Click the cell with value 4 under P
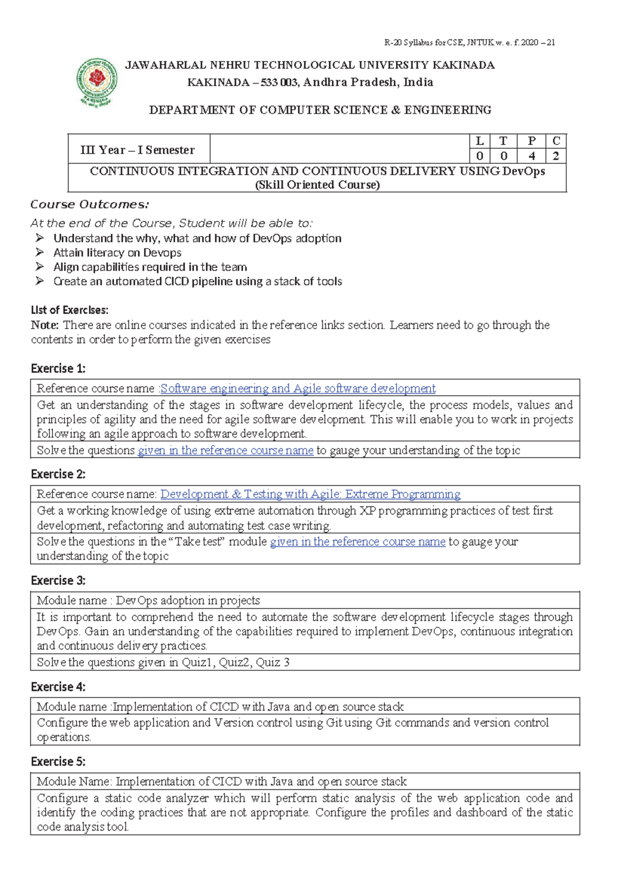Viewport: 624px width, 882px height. (x=531, y=156)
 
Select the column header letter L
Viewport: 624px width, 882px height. (x=479, y=141)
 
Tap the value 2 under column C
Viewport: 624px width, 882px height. (x=555, y=156)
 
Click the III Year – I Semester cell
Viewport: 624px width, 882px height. (x=138, y=150)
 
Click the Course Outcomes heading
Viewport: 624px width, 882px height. (x=89, y=204)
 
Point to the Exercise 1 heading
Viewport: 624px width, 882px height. (x=58, y=369)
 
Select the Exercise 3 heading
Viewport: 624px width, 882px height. (x=58, y=580)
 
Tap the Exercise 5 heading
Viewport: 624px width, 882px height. (x=58, y=762)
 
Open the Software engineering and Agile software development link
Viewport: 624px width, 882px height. (x=298, y=388)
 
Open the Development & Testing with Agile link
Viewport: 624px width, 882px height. (x=310, y=494)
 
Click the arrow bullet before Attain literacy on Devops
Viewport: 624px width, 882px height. (x=40, y=253)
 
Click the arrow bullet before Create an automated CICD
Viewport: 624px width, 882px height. (x=40, y=281)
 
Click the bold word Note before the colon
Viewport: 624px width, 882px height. (x=44, y=325)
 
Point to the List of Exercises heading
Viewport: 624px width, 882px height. (x=70, y=310)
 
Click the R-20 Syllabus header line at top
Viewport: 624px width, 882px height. (x=469, y=43)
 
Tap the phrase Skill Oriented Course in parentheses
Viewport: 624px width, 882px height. (x=317, y=185)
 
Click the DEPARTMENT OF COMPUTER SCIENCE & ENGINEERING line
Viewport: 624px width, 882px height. (x=320, y=110)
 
